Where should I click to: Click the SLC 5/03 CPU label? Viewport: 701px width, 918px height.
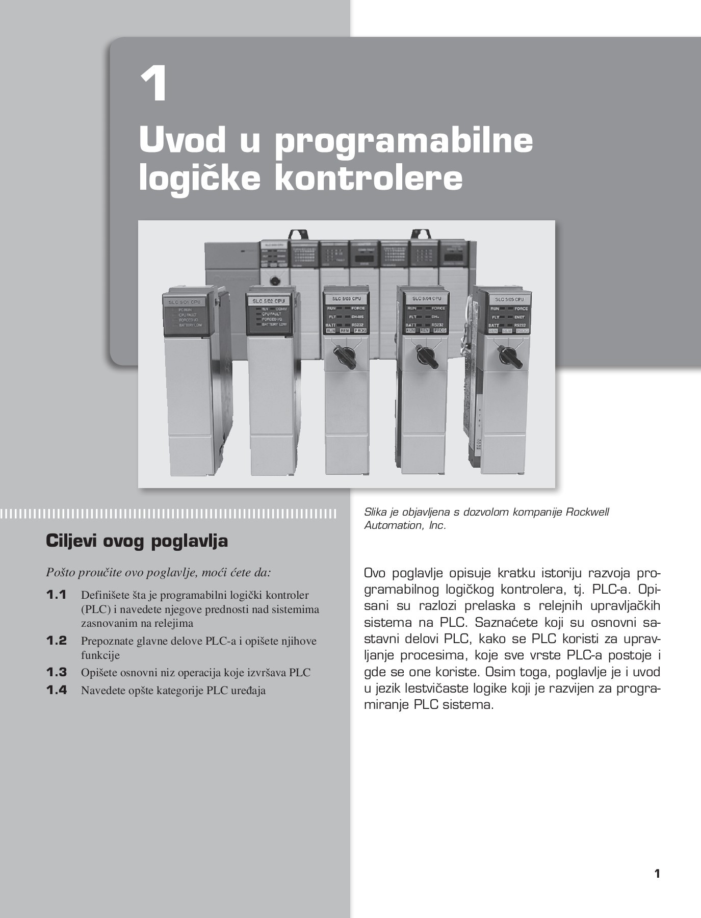(x=347, y=298)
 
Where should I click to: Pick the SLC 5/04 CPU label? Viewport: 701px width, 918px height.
(x=426, y=298)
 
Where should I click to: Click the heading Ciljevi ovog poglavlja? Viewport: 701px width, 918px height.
(x=137, y=541)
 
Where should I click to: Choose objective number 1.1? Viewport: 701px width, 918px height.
(x=57, y=595)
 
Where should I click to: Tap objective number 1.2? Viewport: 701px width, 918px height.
(x=57, y=641)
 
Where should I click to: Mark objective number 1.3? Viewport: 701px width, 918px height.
(x=57, y=672)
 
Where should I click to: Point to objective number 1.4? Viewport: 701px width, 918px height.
(x=57, y=690)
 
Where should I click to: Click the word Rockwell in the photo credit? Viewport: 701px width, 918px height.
(x=587, y=512)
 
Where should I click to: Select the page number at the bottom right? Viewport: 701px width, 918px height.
(x=657, y=873)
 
